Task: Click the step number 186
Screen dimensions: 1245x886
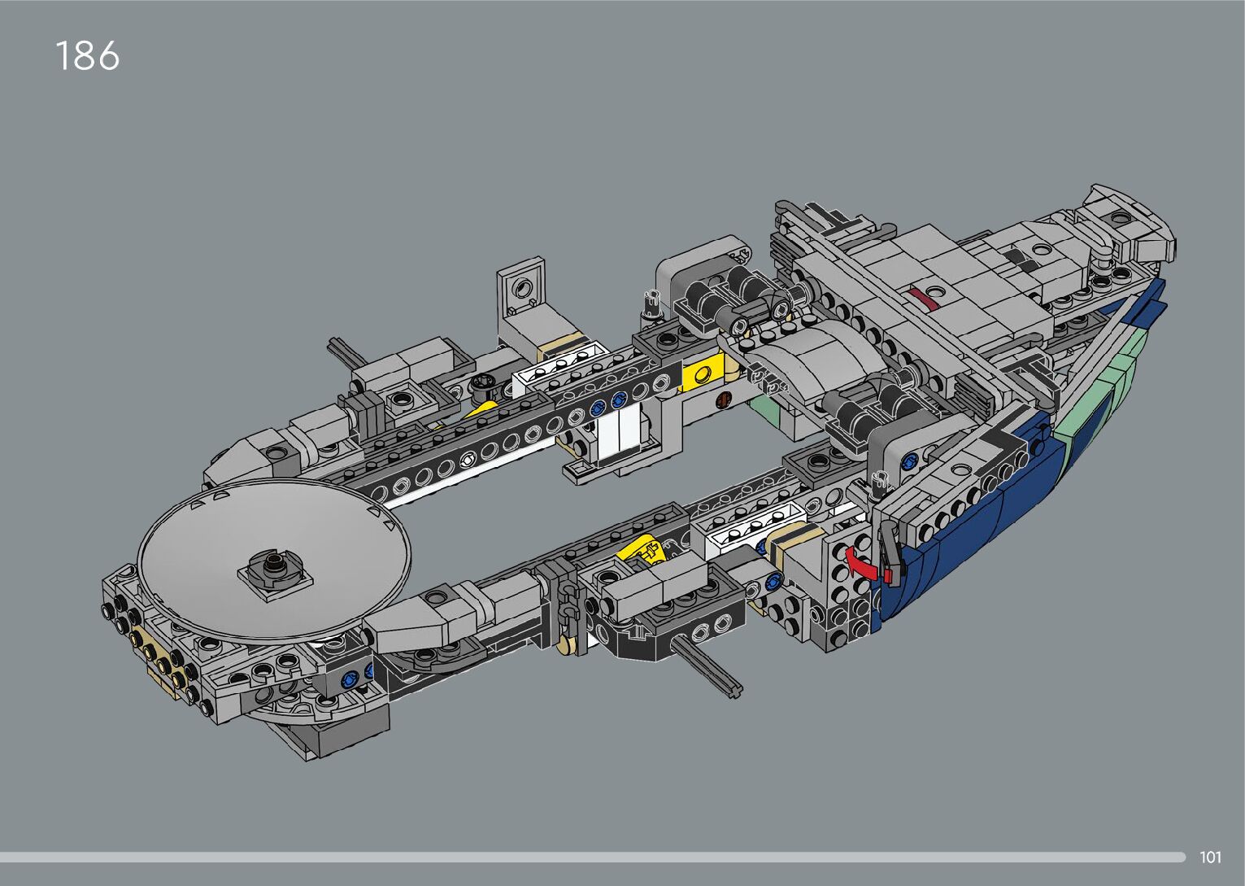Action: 87,55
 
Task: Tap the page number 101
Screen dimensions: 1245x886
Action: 1211,857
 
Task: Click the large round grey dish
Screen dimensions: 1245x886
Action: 273,556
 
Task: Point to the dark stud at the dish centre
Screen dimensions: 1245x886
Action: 273,567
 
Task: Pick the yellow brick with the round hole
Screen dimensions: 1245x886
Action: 705,373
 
